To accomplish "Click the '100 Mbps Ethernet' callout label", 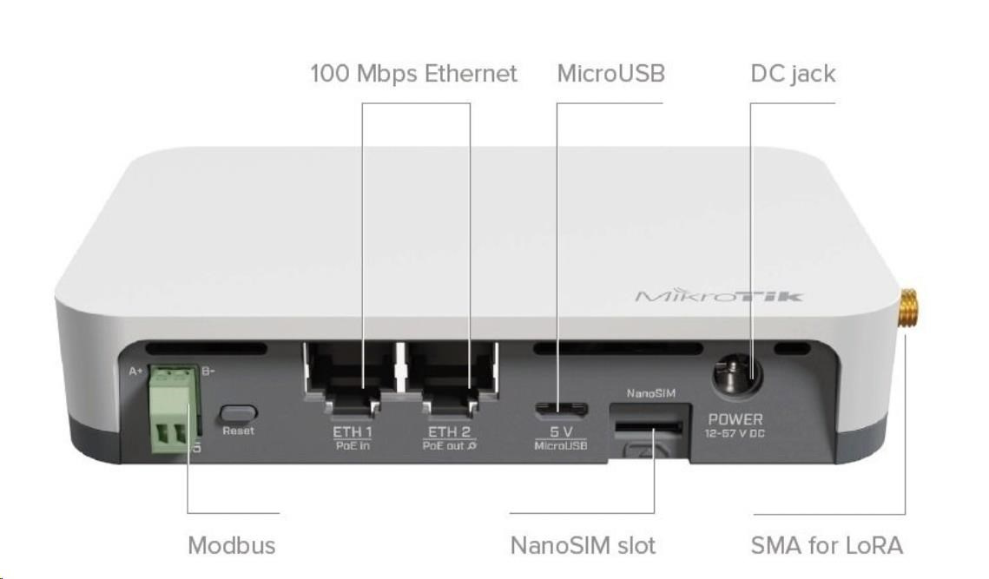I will tap(413, 74).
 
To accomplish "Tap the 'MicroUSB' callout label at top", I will tap(610, 74).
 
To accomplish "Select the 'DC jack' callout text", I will tap(792, 74).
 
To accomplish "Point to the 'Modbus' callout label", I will tap(231, 545).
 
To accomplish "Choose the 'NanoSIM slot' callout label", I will tap(582, 545).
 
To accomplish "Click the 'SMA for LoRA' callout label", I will tap(826, 545).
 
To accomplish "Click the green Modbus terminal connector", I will tap(170, 404).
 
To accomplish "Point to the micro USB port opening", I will tap(560, 408).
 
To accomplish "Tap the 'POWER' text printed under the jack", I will tap(735, 420).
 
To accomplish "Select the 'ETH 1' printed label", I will tap(352, 431).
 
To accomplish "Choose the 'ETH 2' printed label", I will tap(447, 431).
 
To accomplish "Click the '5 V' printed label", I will tap(561, 431).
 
